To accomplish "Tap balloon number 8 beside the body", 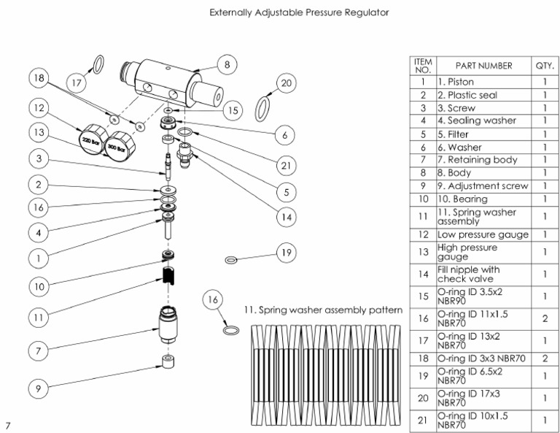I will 227,65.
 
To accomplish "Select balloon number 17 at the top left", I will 77,83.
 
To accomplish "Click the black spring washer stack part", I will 171,276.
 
